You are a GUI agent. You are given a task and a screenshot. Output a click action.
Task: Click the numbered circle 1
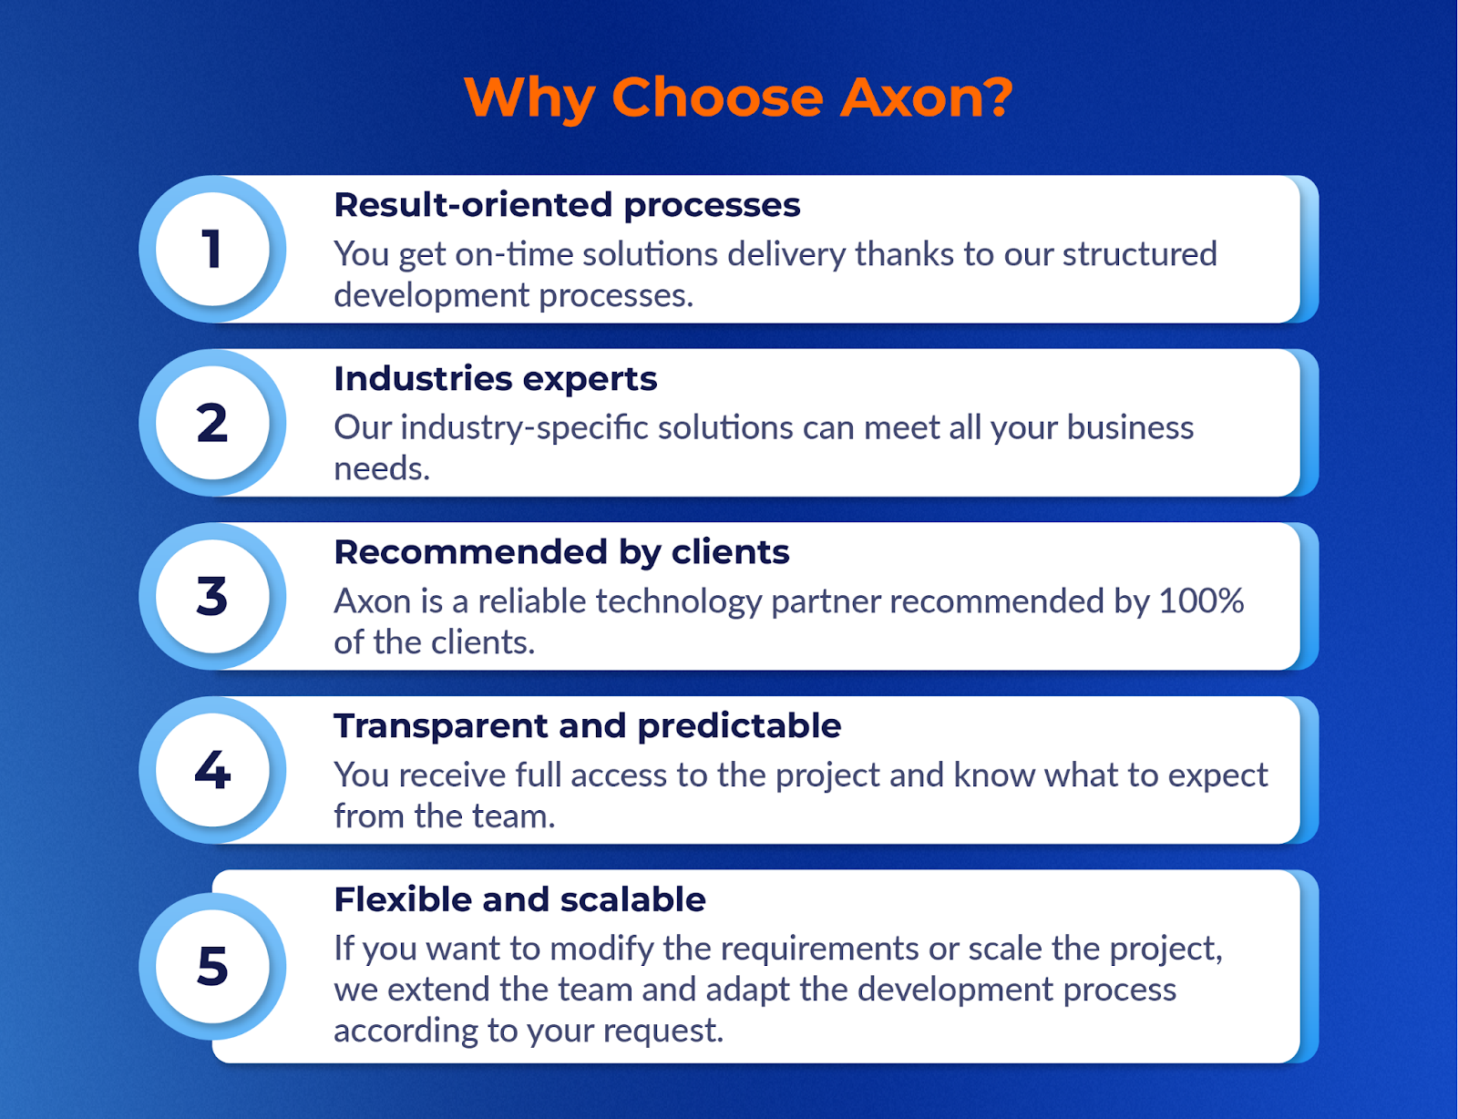tap(212, 249)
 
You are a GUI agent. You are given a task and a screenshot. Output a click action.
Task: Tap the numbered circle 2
tap(212, 423)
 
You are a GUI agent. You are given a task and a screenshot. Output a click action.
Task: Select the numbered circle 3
tap(212, 596)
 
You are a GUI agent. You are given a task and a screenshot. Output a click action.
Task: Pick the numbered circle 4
tap(212, 770)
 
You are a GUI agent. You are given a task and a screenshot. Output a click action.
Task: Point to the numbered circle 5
tap(212, 967)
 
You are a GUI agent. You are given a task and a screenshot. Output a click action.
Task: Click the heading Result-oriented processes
tap(567, 205)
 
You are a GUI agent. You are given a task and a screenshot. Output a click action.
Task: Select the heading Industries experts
tap(495, 379)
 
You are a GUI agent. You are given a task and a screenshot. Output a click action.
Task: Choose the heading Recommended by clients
tap(561, 553)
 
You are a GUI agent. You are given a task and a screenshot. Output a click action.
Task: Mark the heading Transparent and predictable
tap(587, 726)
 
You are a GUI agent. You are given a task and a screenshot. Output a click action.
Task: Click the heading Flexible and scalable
tap(520, 899)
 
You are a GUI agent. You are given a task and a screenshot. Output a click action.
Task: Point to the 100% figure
tap(1201, 601)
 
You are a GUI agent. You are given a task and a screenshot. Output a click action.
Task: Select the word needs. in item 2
tap(382, 468)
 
